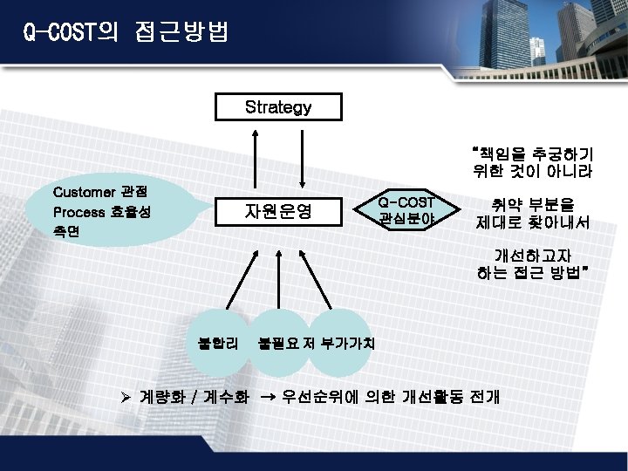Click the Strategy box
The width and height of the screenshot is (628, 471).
coord(278,107)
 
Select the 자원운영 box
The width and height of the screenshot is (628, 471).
coord(278,211)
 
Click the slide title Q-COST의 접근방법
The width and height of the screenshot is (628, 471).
coord(126,34)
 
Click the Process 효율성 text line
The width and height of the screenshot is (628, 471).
coord(101,212)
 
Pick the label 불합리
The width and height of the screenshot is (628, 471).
coord(221,343)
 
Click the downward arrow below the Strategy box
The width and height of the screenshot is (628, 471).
coord(302,157)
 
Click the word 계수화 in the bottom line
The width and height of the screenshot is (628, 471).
coord(226,397)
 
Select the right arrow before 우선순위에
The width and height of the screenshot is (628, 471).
coord(268,397)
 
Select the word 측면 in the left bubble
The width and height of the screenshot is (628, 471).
coord(66,232)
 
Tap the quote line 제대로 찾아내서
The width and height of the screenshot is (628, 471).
coord(532,223)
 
